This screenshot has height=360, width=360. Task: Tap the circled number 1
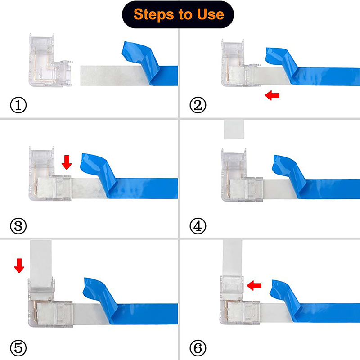click(x=18, y=105)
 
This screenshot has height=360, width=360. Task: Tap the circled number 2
click(x=198, y=105)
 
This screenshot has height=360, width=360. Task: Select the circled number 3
click(x=18, y=226)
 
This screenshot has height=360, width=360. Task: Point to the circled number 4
click(x=198, y=226)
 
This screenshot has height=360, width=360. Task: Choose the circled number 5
click(x=18, y=348)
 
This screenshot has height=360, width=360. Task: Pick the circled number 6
click(x=198, y=348)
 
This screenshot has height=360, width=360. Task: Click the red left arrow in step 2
click(x=272, y=95)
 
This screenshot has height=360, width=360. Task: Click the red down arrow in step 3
click(x=67, y=162)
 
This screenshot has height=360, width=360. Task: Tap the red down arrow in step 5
click(x=19, y=265)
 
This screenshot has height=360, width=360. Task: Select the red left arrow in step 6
click(x=254, y=285)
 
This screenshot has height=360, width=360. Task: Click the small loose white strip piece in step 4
click(x=234, y=129)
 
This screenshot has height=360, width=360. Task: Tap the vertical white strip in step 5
click(x=41, y=264)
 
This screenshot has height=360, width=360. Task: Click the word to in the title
click(x=186, y=15)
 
